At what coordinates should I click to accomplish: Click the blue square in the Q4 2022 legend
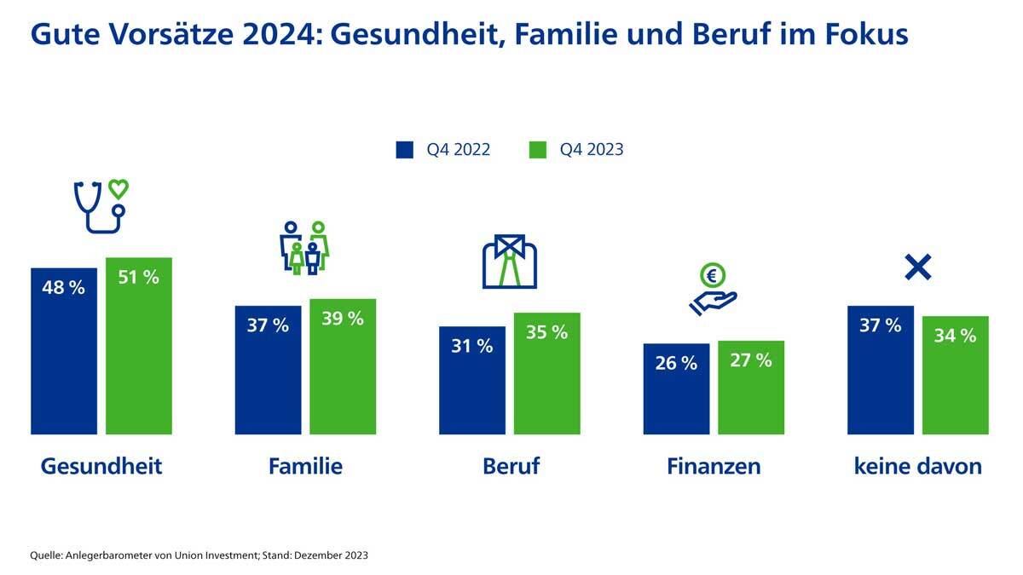pyautogui.click(x=404, y=150)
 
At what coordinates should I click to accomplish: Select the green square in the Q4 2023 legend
pyautogui.click(x=537, y=150)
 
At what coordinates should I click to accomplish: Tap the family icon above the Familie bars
pyautogui.click(x=304, y=248)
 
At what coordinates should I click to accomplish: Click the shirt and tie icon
pyautogui.click(x=509, y=262)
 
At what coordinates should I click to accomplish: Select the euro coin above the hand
pyautogui.click(x=713, y=275)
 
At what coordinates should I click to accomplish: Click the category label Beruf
pyautogui.click(x=511, y=466)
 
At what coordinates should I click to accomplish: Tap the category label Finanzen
pyautogui.click(x=714, y=466)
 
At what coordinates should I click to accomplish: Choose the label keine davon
pyautogui.click(x=917, y=466)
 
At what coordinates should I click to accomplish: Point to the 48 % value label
pyautogui.click(x=64, y=288)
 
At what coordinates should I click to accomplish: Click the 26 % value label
pyautogui.click(x=676, y=363)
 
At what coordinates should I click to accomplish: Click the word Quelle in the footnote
pyautogui.click(x=48, y=555)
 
